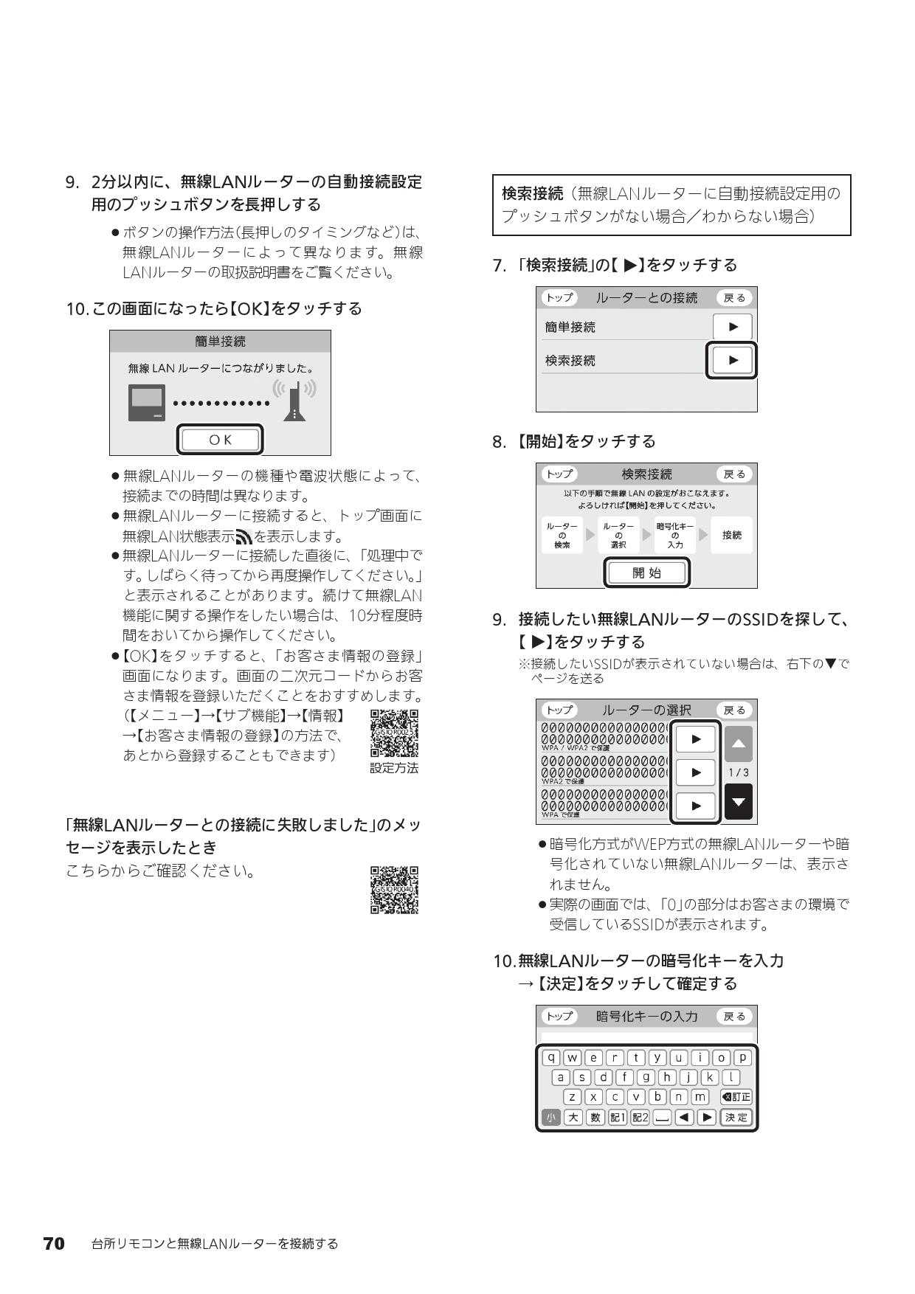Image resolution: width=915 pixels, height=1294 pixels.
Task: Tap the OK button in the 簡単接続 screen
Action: point(220,440)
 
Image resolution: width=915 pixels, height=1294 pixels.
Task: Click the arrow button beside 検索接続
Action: point(732,360)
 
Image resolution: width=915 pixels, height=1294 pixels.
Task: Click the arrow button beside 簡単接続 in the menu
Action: point(732,327)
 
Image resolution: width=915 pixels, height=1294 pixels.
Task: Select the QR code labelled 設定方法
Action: point(394,733)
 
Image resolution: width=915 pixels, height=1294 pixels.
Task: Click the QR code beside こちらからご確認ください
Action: point(394,890)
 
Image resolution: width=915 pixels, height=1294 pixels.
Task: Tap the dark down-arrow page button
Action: point(738,803)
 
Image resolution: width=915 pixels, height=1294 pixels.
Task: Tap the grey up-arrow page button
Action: point(738,744)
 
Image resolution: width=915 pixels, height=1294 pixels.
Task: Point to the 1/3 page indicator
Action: point(738,772)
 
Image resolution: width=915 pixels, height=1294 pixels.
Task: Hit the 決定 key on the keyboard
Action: point(736,1117)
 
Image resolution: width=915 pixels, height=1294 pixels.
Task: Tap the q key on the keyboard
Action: point(550,1057)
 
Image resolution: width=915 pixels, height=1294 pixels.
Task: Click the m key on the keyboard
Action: point(700,1096)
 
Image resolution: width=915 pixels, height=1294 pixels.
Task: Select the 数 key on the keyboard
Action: point(595,1117)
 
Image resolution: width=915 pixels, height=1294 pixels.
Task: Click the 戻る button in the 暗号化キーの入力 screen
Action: point(734,1016)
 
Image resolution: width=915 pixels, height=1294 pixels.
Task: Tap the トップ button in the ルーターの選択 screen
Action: point(559,710)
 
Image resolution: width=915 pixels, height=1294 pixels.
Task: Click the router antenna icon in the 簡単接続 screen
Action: point(294,401)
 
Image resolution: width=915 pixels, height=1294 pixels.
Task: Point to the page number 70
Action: point(54,1244)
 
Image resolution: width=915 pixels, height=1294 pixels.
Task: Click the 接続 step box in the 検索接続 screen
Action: point(732,535)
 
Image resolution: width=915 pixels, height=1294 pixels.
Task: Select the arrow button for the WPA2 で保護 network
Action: point(695,772)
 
